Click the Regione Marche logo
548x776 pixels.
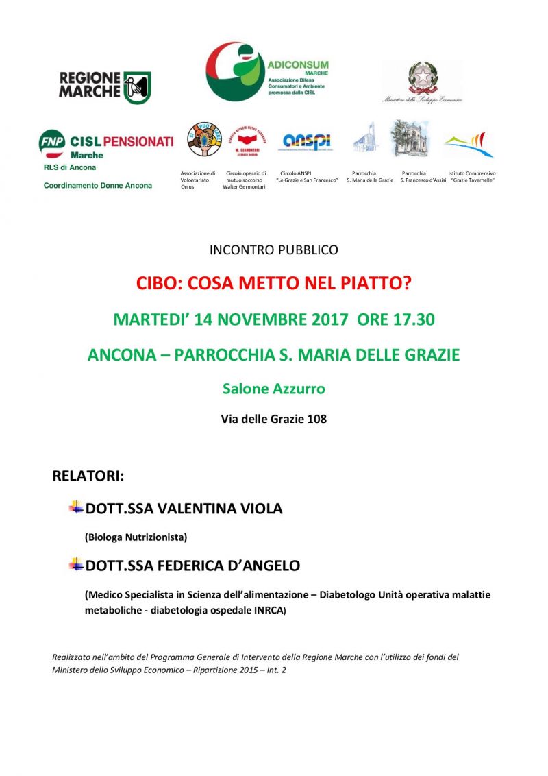click(105, 87)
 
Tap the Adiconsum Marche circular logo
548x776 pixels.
click(234, 71)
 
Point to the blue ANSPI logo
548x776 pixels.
click(307, 141)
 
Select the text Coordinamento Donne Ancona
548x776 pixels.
click(98, 186)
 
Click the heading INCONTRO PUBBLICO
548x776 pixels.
click(274, 250)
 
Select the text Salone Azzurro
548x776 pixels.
click(274, 389)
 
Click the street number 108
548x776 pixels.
click(317, 419)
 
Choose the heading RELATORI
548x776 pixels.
click(88, 476)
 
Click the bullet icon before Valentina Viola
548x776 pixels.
click(75, 508)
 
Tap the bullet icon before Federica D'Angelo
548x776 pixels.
click(75, 565)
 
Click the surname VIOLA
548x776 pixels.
click(260, 509)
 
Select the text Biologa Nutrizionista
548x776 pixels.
click(136, 537)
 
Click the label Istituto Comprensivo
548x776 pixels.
click(472, 174)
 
